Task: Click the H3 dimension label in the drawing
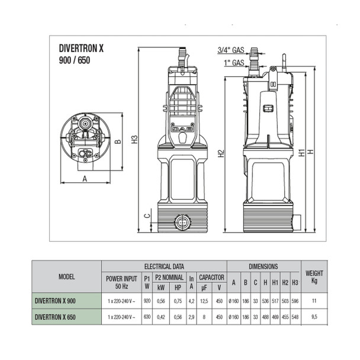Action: pyautogui.click(x=134, y=140)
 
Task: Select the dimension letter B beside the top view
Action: pyautogui.click(x=118, y=142)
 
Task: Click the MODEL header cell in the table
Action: pyautogui.click(x=66, y=276)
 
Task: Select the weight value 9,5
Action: pyautogui.click(x=314, y=317)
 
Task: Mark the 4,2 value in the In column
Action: pyautogui.click(x=191, y=301)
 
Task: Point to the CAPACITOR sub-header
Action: pyautogui.click(x=211, y=276)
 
